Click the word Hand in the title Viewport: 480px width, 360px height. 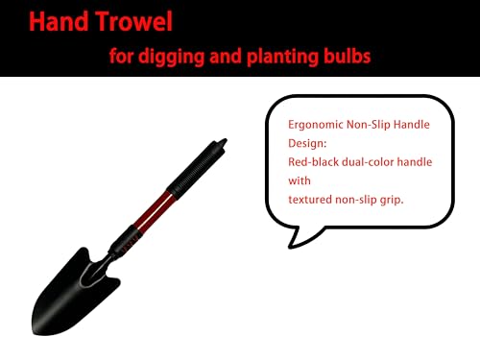(59, 21)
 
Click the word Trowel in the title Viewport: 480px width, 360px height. (134, 21)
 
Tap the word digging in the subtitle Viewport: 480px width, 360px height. (171, 57)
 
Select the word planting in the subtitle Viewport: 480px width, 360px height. (281, 57)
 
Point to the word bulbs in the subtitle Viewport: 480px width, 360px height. (347, 56)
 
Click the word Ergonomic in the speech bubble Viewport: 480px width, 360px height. (316, 125)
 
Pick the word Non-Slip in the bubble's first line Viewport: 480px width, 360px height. (368, 124)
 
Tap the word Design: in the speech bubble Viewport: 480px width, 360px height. (307, 143)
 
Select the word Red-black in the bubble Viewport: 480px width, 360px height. (313, 162)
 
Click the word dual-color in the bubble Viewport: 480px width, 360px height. (368, 162)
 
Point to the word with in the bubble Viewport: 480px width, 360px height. (300, 180)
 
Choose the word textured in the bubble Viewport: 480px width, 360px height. (310, 200)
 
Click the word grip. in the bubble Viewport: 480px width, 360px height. (392, 201)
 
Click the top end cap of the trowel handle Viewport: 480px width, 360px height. (222, 143)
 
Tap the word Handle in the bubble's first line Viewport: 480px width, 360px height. (411, 124)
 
